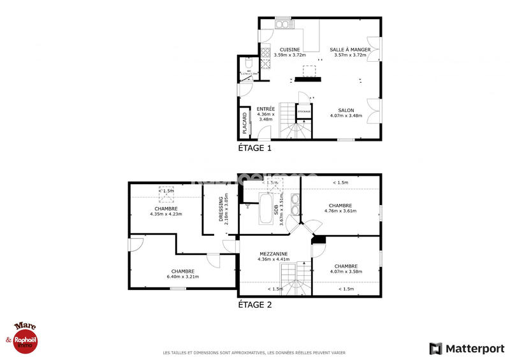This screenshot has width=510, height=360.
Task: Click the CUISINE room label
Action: click(x=289, y=50)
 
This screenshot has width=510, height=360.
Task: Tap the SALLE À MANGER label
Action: click(x=350, y=50)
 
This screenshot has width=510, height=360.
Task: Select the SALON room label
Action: click(x=346, y=110)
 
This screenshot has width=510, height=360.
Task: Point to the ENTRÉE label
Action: click(x=265, y=109)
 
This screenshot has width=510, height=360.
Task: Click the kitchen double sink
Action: click(x=283, y=25)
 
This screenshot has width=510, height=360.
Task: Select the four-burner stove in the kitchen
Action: click(x=266, y=64)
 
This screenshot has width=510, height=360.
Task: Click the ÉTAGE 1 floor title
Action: click(x=254, y=148)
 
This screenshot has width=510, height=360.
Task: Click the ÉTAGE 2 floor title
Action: click(x=254, y=305)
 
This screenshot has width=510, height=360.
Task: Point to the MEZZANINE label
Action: click(x=273, y=254)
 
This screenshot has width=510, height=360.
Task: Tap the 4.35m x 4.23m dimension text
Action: click(x=166, y=214)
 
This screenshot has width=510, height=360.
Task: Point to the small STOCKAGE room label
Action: click(x=304, y=112)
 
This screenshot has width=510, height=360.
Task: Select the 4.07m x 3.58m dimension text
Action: click(x=346, y=271)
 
